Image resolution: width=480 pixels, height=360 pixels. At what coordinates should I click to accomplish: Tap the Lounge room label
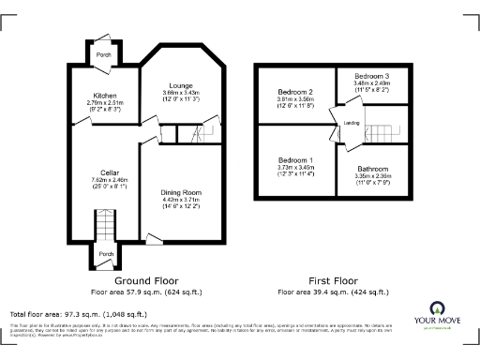[180, 85]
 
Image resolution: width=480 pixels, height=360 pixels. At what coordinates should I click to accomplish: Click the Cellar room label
[103, 172]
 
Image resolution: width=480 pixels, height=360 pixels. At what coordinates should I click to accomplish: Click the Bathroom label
[370, 169]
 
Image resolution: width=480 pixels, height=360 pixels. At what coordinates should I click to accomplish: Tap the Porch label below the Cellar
[106, 254]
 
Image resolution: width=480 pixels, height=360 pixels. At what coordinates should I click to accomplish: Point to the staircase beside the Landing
[384, 125]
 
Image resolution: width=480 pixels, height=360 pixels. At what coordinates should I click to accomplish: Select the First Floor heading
[333, 280]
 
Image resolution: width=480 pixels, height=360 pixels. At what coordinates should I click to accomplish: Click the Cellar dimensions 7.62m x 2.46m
[103, 180]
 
